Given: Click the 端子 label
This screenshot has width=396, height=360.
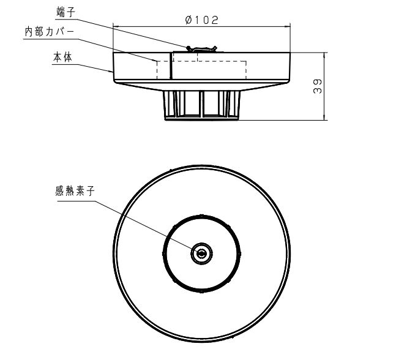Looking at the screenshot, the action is coord(65,12).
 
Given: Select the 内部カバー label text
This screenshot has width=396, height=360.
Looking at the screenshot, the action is coord(50,32).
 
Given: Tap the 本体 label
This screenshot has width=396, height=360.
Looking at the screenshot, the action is coord(62,58).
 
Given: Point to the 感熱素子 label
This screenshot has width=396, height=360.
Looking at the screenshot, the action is coord(75,191).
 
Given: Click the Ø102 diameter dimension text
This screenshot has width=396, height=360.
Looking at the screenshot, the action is coord(202,20).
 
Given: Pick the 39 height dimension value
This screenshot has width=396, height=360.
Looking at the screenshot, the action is coord(318,86).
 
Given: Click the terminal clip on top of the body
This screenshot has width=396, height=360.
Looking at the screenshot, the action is coord(201,48).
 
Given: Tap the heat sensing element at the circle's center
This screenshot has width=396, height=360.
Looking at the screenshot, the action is coord(201,253).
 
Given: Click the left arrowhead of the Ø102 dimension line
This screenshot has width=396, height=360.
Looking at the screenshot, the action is coord(116,26).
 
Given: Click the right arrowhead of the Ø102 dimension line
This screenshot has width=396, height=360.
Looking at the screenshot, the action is coord(287,26).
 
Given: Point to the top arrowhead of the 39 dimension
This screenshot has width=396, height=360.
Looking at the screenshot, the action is coord(324,56).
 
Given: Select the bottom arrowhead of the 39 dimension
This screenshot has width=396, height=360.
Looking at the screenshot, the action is coord(324,117).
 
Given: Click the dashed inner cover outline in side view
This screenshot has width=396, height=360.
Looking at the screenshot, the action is coord(201,61).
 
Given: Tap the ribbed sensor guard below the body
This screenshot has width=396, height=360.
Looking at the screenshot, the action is coord(201,105).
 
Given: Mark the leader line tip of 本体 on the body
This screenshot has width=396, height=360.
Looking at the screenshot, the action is coord(113,72).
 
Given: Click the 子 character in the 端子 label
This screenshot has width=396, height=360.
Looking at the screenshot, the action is coord(71,12).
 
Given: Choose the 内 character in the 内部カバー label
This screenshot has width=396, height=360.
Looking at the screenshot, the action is coord(29,32).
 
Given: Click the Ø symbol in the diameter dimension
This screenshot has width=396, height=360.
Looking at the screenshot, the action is coord(189,20).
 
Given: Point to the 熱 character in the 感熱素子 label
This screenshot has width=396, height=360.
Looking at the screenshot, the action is coord(70,191).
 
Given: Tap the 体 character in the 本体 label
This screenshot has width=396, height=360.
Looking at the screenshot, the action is coord(68,58).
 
